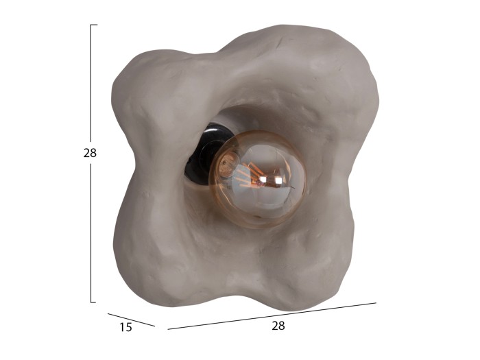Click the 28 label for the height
coord(90,153)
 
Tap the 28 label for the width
coord(278,326)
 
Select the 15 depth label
coord(125,327)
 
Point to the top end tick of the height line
coord(94,25)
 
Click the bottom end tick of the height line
coord(93,302)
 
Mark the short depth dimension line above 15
coord(132,320)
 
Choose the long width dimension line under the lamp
coord(272,316)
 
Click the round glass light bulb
coord(257,180)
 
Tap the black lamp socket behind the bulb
coord(204,153)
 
